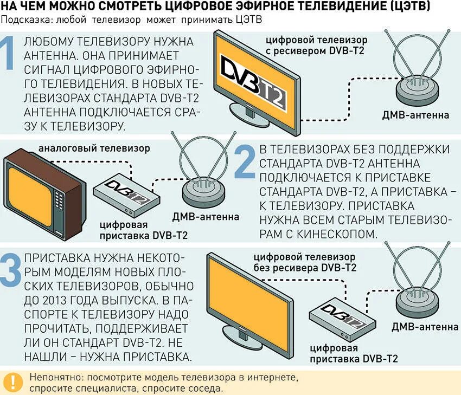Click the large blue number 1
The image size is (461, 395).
[x=9, y=54]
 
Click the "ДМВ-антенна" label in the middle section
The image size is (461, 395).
[x=206, y=217]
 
